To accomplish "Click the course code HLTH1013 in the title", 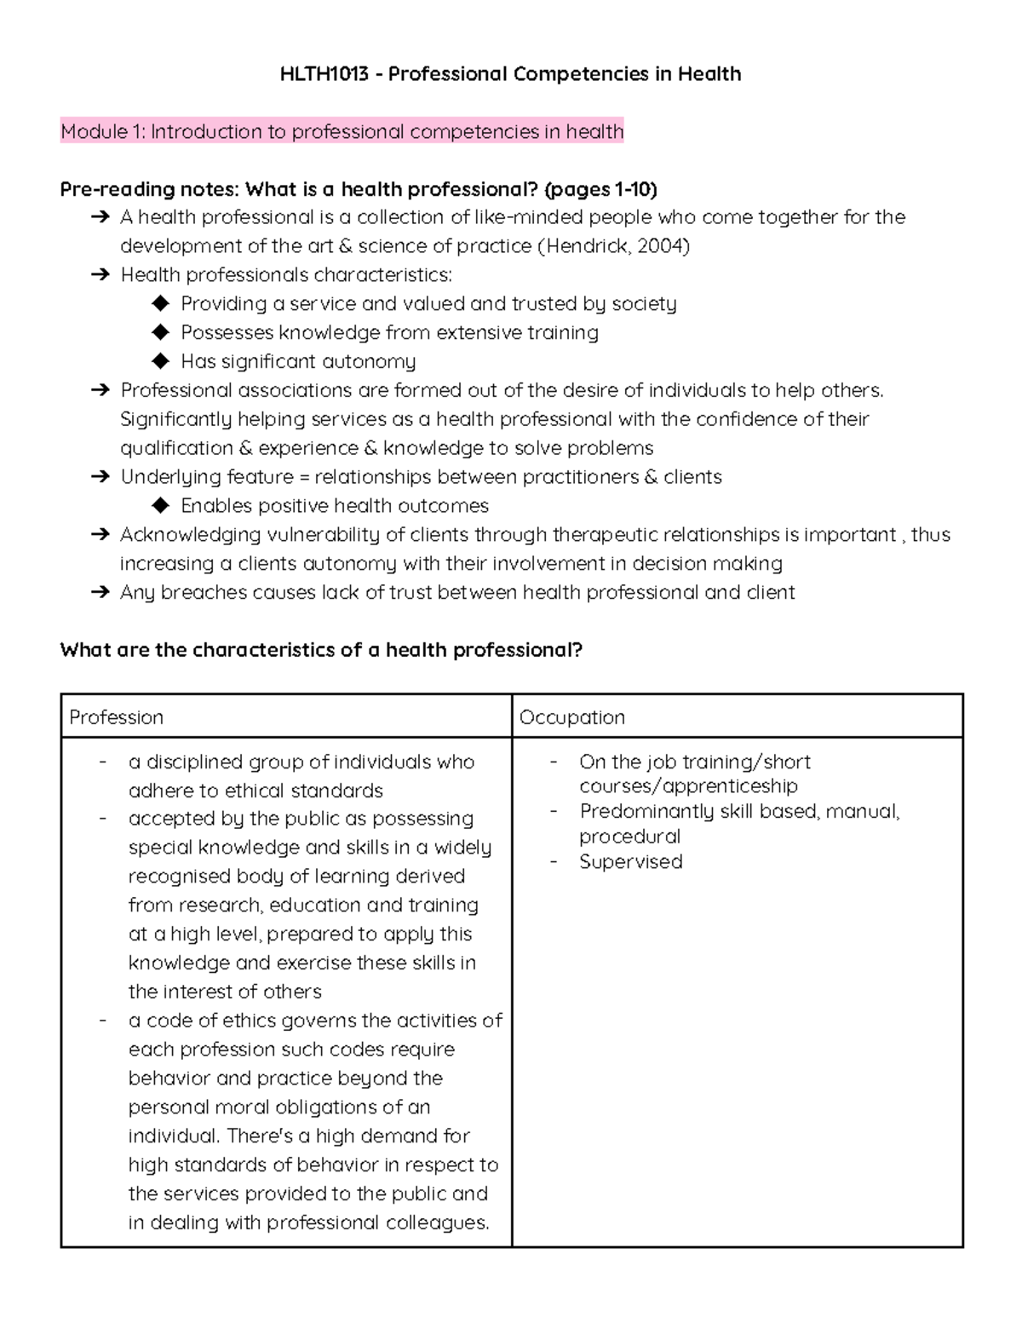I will (x=324, y=74).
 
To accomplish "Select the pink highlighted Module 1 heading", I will (x=342, y=131).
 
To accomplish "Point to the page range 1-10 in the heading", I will (x=631, y=189).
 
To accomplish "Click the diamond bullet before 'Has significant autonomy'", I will (x=160, y=361).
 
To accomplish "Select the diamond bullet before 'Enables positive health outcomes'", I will (x=160, y=505).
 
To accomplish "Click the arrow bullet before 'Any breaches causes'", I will (x=100, y=592).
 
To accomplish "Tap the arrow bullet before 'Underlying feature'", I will (x=100, y=477).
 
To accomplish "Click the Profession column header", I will (x=116, y=717).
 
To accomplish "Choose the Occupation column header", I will (x=572, y=717).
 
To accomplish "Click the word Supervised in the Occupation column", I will (x=630, y=861).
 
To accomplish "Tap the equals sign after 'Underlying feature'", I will (x=306, y=477).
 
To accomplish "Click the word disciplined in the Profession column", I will (x=195, y=762).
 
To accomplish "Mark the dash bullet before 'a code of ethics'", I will (x=103, y=1020).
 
